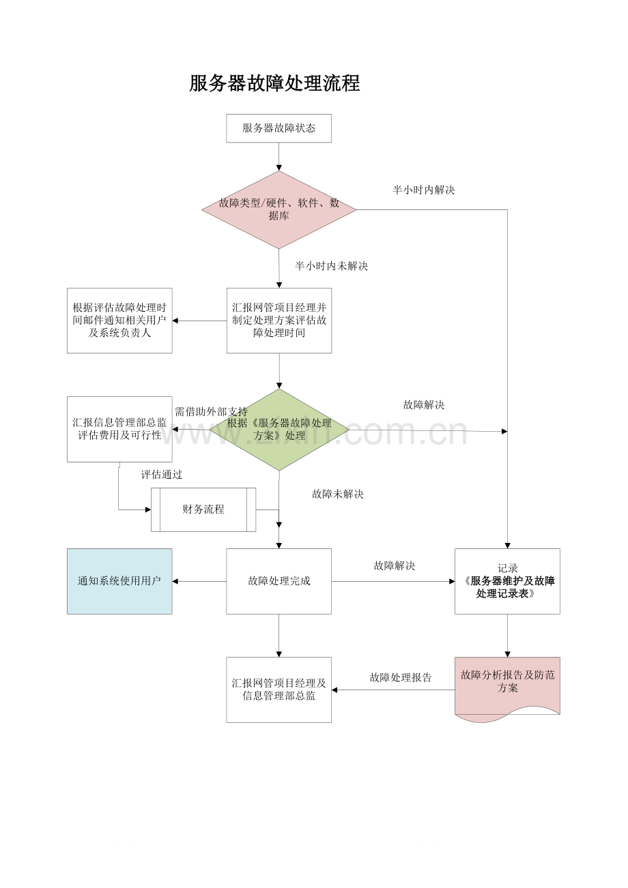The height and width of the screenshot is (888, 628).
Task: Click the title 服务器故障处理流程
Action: click(274, 84)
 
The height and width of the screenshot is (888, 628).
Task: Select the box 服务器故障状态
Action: click(279, 128)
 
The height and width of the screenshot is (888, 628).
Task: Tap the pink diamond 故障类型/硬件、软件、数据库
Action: click(279, 209)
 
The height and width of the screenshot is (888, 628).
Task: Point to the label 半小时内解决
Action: click(424, 190)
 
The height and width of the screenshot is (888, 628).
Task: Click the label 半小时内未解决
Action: click(332, 266)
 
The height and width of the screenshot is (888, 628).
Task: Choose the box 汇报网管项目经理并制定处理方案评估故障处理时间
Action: click(279, 321)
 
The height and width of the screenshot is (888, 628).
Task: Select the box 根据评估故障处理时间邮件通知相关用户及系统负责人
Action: click(119, 321)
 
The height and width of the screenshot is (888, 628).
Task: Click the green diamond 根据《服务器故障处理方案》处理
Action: click(279, 430)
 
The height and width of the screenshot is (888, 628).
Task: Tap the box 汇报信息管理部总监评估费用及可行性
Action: click(119, 429)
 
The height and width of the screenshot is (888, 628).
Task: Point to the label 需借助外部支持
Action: click(212, 412)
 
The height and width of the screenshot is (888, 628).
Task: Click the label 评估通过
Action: click(162, 475)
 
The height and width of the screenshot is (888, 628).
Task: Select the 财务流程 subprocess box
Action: click(203, 509)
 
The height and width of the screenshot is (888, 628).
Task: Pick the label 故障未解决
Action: click(338, 494)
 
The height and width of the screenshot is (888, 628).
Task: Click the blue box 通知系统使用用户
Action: click(119, 581)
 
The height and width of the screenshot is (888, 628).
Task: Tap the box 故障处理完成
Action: click(279, 581)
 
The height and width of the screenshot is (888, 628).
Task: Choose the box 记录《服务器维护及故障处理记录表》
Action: click(507, 581)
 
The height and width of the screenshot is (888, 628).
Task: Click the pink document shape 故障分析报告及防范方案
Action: click(507, 690)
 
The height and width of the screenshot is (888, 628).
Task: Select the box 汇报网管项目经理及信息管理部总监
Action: click(279, 690)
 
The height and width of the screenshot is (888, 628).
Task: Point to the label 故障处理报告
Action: click(401, 677)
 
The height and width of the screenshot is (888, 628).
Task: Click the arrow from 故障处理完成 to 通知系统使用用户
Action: click(199, 582)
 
